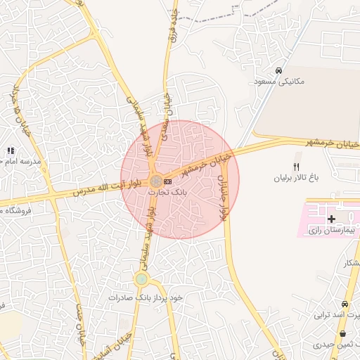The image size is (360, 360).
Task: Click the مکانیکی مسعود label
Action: tap(279, 82)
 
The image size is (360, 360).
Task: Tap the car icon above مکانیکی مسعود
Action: tap(279, 70)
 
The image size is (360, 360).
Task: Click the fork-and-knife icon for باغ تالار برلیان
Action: tap(296, 166)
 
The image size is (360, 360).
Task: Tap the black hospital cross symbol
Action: tap(331, 219)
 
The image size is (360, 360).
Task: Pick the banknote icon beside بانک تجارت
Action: tap(167, 181)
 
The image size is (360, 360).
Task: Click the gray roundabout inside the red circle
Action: tap(155, 181)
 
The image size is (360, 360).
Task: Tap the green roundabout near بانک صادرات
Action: tap(142, 279)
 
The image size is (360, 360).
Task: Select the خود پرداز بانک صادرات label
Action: tap(146, 297)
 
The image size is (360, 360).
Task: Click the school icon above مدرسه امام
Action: tap(11, 150)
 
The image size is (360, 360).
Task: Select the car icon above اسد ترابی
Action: tap(345, 303)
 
